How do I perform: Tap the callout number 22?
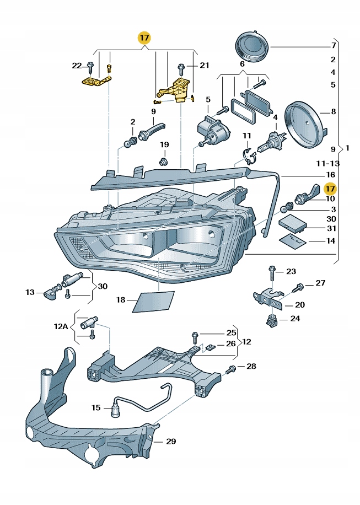click(77, 66)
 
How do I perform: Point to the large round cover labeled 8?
click(304, 124)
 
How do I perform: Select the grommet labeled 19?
click(163, 162)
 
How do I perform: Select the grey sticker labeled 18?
click(153, 301)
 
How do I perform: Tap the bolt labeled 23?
click(272, 271)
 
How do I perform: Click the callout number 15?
click(96, 408)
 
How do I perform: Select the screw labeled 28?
click(232, 367)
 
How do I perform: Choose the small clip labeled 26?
click(211, 347)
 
